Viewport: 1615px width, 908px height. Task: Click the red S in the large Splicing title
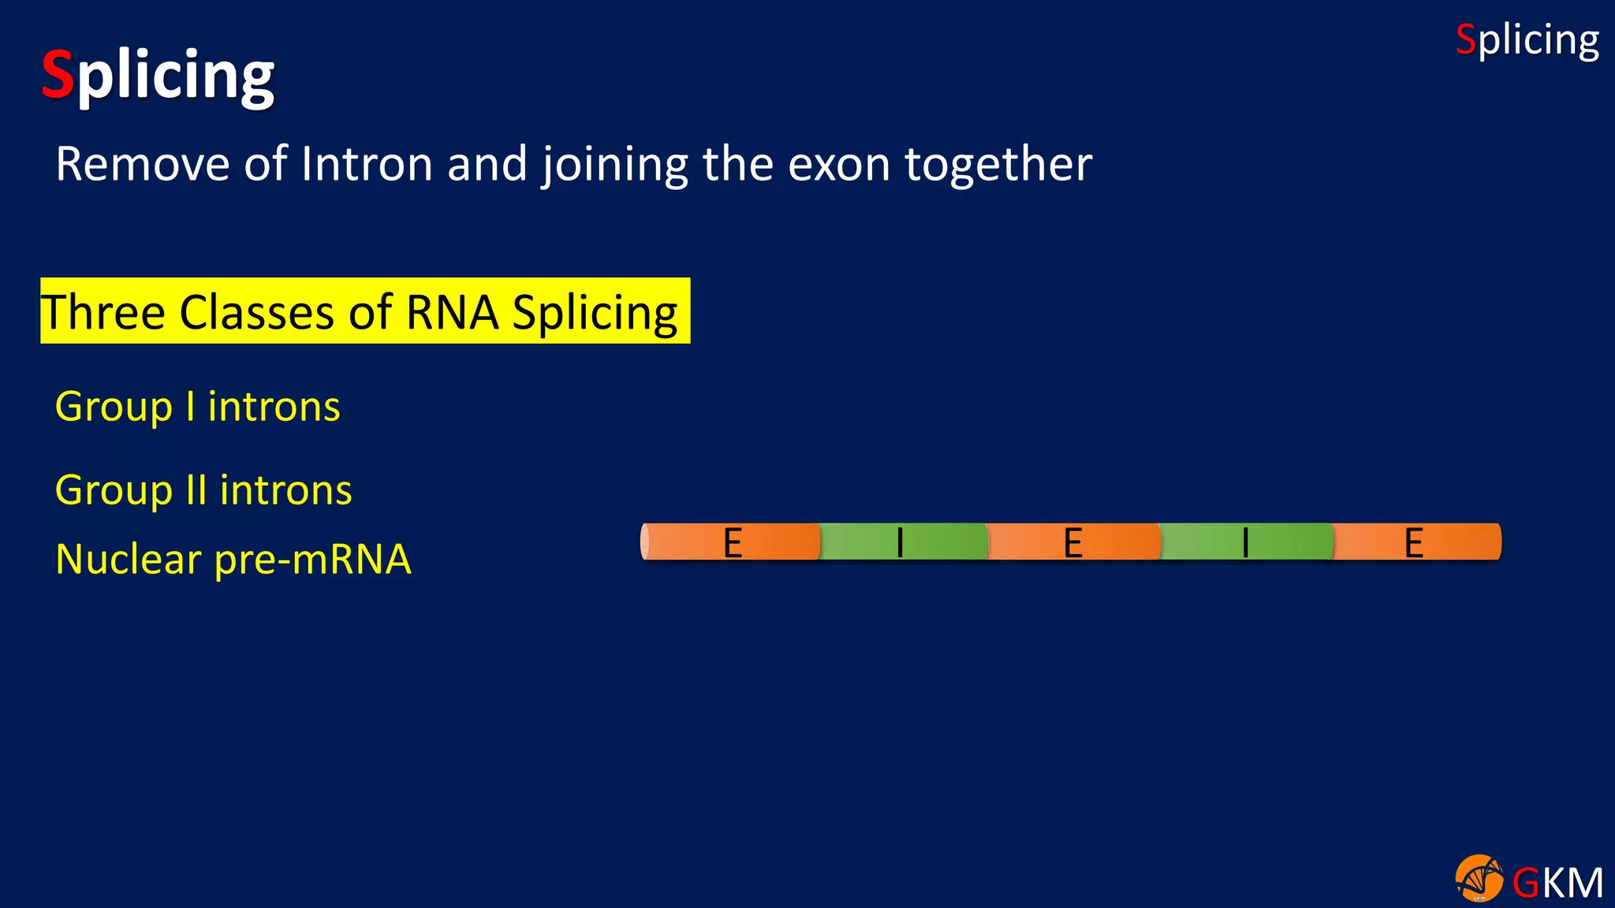(58, 74)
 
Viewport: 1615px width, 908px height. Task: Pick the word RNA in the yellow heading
(452, 312)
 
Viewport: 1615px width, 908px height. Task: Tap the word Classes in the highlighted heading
(257, 312)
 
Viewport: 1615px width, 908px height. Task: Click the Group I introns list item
(197, 407)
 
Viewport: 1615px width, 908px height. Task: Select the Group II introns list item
(203, 490)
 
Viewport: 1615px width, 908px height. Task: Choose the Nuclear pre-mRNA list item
(233, 560)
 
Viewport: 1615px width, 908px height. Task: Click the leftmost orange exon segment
(732, 542)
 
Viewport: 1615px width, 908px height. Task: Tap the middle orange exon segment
(1073, 542)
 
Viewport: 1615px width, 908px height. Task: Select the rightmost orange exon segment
(1415, 542)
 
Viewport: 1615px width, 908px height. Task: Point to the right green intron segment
(1246, 542)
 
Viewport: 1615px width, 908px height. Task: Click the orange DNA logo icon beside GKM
(1479, 878)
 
